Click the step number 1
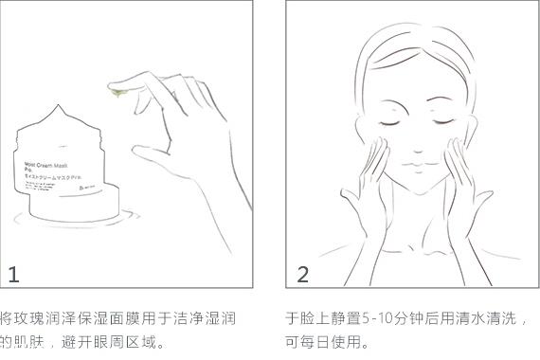(13, 275)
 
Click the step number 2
(303, 275)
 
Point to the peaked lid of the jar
(65, 119)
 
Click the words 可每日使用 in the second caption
(323, 342)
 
